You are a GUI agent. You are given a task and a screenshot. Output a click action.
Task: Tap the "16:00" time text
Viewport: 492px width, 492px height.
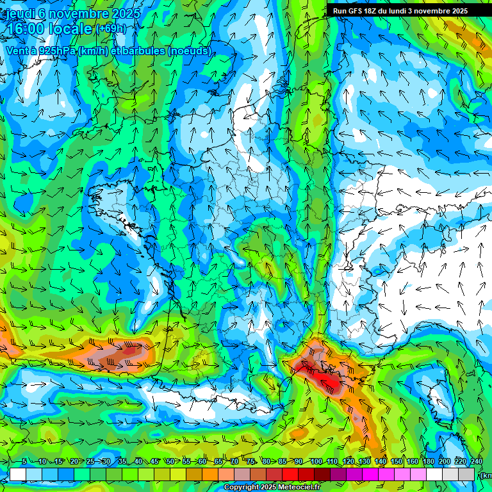click(28, 29)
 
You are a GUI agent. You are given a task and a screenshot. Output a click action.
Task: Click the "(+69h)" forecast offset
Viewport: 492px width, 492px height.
click(111, 29)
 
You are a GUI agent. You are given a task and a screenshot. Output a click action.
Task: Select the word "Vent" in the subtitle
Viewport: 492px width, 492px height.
click(19, 51)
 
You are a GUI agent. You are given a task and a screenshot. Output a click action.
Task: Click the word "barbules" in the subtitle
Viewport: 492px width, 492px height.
click(142, 51)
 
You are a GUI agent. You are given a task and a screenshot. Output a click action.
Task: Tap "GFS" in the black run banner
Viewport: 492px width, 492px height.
click(356, 11)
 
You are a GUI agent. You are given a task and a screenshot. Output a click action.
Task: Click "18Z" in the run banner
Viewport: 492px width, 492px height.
click(375, 11)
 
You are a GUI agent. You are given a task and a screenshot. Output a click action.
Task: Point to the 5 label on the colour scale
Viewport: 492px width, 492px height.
click(24, 462)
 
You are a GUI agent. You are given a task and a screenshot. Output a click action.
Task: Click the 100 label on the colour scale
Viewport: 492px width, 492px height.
click(316, 462)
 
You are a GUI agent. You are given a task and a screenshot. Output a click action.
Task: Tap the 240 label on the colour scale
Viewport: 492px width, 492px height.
click(477, 462)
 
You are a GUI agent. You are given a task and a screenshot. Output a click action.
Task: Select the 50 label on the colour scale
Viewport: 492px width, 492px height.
click(170, 462)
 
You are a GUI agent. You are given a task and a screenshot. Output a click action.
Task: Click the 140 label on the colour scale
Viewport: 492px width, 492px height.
click(381, 462)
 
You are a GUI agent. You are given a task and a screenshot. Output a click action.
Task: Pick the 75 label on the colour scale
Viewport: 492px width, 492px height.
click(251, 462)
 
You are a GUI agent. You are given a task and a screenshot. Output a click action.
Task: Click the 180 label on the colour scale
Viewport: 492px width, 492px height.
click(429, 462)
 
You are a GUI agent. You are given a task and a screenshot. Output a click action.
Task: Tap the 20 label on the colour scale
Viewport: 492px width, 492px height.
click(74, 462)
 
